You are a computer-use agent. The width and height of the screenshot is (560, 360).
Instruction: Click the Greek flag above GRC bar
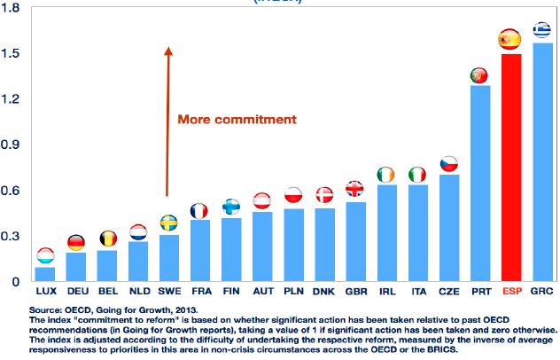541,30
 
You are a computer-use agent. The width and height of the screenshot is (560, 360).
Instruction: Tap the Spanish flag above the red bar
509,39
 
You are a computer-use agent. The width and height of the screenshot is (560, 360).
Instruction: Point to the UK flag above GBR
354,189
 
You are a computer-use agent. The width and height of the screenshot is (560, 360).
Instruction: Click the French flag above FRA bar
199,211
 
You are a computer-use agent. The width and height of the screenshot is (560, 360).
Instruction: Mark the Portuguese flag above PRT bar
479,75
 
